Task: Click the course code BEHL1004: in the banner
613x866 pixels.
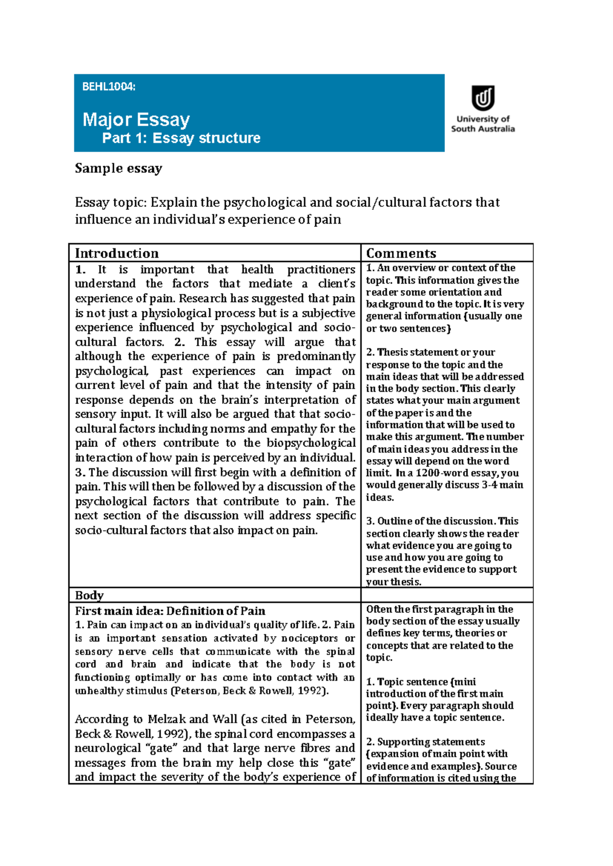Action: click(x=109, y=87)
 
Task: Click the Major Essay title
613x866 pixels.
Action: click(x=136, y=120)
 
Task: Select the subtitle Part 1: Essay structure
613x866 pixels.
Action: click(x=181, y=138)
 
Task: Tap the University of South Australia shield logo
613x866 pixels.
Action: click(x=482, y=98)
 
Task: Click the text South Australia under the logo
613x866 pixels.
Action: click(x=482, y=129)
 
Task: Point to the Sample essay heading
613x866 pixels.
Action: click(x=119, y=169)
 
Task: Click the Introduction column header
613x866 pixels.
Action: click(x=117, y=253)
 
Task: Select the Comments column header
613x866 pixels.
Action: click(x=401, y=253)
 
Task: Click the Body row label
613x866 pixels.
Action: click(x=89, y=595)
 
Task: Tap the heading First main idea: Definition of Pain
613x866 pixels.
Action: click(x=170, y=611)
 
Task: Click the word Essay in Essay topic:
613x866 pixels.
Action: click(x=92, y=203)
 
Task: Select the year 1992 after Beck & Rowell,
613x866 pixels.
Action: click(x=312, y=691)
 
